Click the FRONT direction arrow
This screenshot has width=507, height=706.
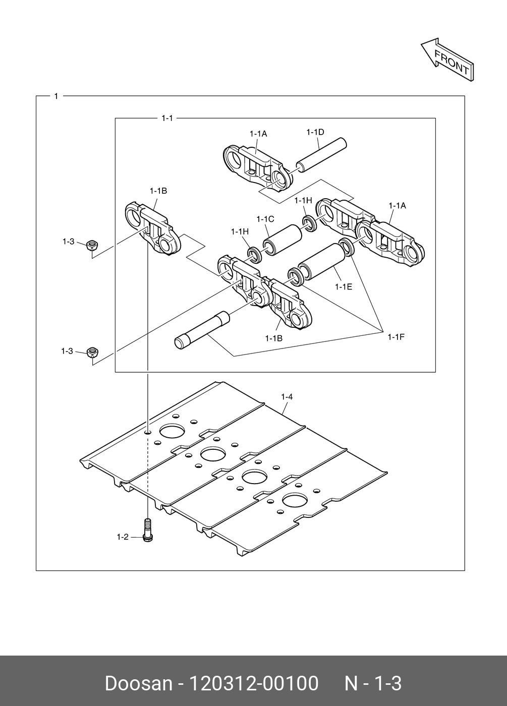447,59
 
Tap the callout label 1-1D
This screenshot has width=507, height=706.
315,132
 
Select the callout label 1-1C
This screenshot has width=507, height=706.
265,219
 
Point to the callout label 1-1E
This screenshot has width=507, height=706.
343,286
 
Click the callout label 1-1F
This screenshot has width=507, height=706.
396,336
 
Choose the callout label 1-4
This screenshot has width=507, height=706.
287,397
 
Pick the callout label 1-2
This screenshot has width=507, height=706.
123,537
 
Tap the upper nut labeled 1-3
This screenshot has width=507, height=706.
92,246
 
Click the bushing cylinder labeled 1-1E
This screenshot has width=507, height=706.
320,260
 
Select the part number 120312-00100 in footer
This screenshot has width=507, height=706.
253,683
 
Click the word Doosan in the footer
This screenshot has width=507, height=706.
138,683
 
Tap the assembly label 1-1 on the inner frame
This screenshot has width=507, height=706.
167,119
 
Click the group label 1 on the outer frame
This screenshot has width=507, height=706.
56,96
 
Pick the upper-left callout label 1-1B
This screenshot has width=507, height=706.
158,191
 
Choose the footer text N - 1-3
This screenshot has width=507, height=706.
373,683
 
